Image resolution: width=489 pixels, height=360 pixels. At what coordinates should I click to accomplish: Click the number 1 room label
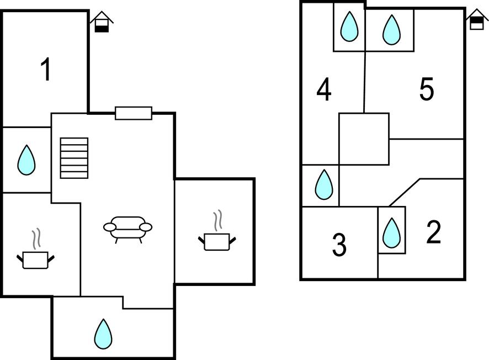[x=46, y=70]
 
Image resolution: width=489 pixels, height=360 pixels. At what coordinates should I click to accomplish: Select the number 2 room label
[x=434, y=232]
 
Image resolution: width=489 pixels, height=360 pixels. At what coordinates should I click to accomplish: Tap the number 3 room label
[x=339, y=245]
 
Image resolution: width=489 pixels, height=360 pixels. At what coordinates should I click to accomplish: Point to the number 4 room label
[x=324, y=90]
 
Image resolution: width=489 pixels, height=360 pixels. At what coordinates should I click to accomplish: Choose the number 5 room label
[x=426, y=89]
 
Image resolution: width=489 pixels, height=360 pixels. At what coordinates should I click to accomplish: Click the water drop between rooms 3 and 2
[x=391, y=232]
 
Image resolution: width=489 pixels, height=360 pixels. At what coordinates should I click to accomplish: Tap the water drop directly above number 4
[x=349, y=27]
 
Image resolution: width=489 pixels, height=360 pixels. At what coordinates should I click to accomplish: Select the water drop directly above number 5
[x=391, y=29]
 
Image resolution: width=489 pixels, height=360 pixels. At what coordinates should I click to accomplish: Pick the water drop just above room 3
[x=323, y=184]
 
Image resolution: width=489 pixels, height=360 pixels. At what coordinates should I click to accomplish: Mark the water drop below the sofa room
[x=103, y=334]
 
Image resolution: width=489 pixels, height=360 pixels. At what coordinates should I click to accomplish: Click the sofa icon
[x=127, y=228]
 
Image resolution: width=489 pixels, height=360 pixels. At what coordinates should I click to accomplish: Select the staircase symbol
[x=74, y=158]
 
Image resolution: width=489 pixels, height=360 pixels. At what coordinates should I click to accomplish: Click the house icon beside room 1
[x=102, y=22]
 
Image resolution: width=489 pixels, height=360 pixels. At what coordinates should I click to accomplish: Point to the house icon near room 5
[x=476, y=19]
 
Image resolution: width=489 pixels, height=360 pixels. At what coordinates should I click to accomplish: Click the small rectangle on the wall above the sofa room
[x=133, y=113]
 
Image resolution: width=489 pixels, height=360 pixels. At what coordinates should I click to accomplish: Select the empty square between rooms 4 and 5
[x=364, y=139]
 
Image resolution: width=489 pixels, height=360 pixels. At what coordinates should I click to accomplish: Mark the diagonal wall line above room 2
[x=405, y=192]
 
